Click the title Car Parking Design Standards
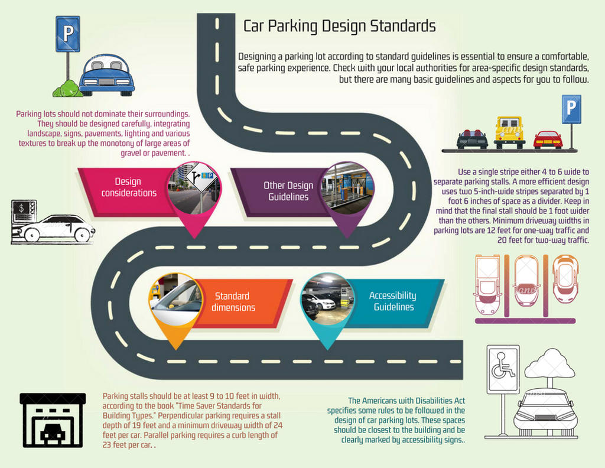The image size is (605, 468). click(x=340, y=27)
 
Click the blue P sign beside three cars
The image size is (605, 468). click(x=571, y=109)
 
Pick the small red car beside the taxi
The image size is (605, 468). click(x=548, y=140)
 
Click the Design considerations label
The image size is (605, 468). click(x=128, y=187)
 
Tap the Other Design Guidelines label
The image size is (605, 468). click(x=288, y=191)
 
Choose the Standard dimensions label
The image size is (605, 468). click(x=233, y=302)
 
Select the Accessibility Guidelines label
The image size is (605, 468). click(x=392, y=301)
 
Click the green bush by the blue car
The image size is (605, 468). click(x=67, y=90)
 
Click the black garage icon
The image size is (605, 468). click(x=53, y=420)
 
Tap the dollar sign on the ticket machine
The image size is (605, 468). click(x=22, y=208)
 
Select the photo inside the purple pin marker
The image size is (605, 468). click(x=347, y=188)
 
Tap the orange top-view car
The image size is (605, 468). click(x=565, y=278)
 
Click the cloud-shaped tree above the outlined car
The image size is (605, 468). click(x=549, y=364)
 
